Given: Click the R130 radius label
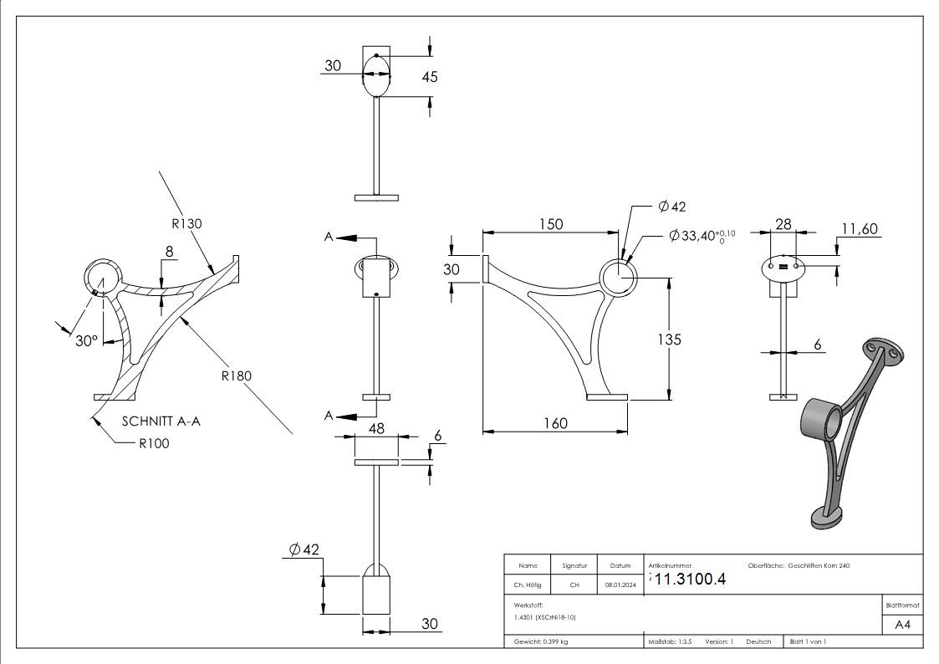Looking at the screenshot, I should tap(186, 223).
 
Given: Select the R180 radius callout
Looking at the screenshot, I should tap(237, 375).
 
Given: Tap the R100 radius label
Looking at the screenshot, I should tap(154, 443).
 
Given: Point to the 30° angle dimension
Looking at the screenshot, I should tap(86, 340).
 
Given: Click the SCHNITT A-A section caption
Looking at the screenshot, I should tap(161, 421).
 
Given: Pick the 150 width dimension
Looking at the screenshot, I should tap(550, 224).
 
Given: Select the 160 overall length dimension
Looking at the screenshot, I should tap(554, 423).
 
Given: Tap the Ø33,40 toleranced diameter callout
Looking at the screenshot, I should tap(702, 238).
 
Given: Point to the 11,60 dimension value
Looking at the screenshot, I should tap(859, 228).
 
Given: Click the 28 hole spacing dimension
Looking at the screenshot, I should tap(783, 223).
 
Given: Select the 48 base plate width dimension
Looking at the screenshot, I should tap(375, 428).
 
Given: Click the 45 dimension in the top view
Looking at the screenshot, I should tap(430, 77).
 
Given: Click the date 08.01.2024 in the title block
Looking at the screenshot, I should tap(620, 585).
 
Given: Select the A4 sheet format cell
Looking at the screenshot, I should tap(902, 624).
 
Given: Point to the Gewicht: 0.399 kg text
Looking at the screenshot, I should tap(541, 641).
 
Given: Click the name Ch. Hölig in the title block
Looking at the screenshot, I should tap(528, 585).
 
